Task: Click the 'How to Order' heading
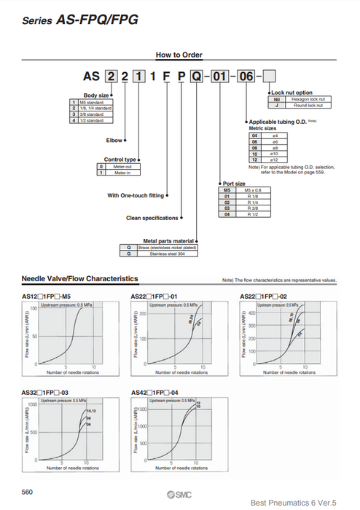179,55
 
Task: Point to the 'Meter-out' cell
120,167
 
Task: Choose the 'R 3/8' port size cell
256,208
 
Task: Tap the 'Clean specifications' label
152,218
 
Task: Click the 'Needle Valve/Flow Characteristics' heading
80,279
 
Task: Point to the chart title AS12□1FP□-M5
47,297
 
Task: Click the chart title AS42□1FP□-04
155,393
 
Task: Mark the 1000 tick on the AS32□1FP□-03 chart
31,404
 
